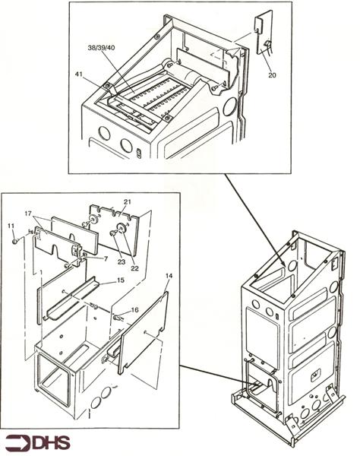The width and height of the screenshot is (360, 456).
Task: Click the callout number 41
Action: [x=79, y=74]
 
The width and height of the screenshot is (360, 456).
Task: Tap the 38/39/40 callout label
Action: [x=101, y=48]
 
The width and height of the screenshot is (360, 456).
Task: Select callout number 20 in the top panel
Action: [x=272, y=75]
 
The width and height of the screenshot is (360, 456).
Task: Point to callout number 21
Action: [x=128, y=201]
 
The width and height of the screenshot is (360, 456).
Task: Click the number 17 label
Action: [x=28, y=214]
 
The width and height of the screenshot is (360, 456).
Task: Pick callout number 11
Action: [x=11, y=226]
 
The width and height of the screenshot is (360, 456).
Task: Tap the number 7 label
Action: [x=106, y=258]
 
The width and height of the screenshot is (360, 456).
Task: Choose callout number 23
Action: [x=122, y=261]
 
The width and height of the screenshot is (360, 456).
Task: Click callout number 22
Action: [x=134, y=268]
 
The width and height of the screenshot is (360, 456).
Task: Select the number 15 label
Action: [x=121, y=280]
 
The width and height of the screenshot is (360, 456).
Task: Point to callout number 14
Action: [x=169, y=276]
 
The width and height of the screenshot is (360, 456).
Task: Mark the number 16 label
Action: [x=134, y=310]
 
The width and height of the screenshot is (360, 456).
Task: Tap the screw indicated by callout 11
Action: [x=15, y=242]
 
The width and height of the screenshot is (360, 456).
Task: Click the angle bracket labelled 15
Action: [x=71, y=299]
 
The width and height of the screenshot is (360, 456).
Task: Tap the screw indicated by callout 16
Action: [x=117, y=318]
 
